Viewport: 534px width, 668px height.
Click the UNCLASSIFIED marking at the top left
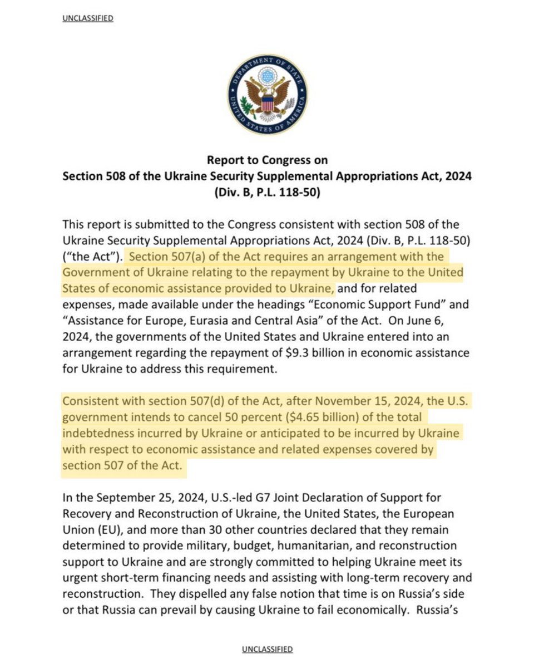pos(89,18)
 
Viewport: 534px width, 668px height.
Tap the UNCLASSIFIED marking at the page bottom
pos(268,649)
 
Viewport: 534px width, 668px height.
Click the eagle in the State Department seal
pos(268,95)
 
